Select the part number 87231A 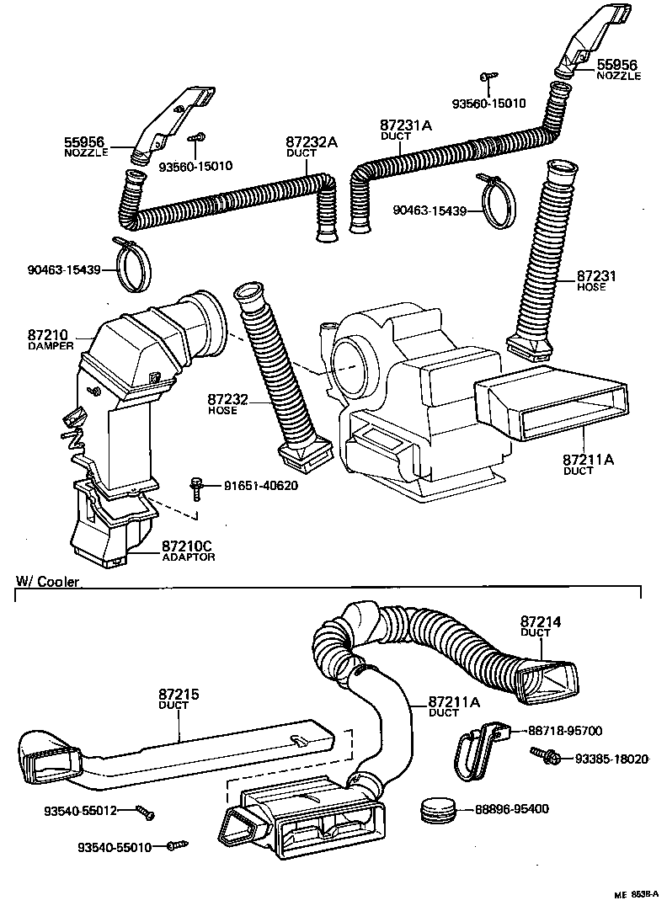406,125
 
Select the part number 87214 540,621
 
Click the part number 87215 179,695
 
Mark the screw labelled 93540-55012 146,812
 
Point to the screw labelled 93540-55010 176,844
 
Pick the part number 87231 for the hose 598,276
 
